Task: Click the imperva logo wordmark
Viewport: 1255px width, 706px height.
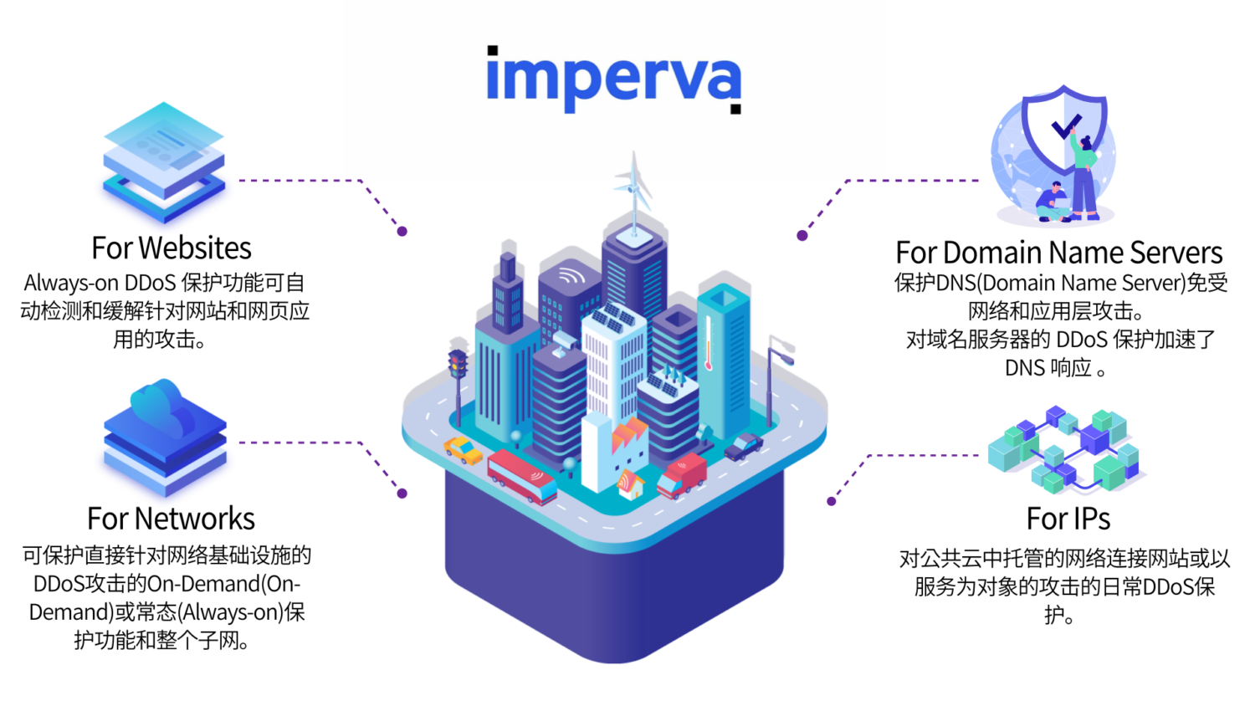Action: [613, 79]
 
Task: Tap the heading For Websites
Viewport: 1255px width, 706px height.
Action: [172, 248]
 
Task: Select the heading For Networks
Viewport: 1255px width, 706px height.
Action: [171, 519]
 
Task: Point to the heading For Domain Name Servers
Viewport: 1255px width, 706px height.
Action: [1058, 252]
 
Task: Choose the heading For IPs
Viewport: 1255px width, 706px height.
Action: [1068, 519]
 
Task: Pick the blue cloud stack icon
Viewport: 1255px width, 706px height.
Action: [165, 436]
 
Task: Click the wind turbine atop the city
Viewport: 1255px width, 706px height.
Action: [634, 188]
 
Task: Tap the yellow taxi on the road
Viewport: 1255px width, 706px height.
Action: [463, 451]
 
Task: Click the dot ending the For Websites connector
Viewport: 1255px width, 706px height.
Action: [402, 232]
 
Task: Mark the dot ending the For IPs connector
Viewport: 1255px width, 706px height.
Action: [831, 502]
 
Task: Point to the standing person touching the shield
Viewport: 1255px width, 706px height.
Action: [1084, 176]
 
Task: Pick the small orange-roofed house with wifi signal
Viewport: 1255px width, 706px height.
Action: [630, 484]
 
